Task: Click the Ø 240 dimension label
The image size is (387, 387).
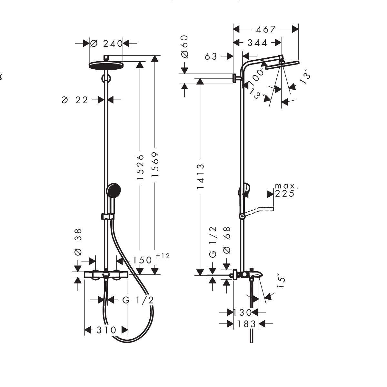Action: click(x=106, y=43)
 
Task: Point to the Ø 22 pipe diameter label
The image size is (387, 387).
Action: click(x=75, y=100)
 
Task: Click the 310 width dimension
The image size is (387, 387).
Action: click(x=106, y=330)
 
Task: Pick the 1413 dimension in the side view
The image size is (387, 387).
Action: click(x=200, y=176)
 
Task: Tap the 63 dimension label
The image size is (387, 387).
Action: click(x=211, y=56)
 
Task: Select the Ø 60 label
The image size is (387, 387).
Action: click(x=184, y=46)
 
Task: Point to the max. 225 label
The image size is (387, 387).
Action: click(x=285, y=191)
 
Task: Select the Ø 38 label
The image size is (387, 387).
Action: click(x=78, y=242)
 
